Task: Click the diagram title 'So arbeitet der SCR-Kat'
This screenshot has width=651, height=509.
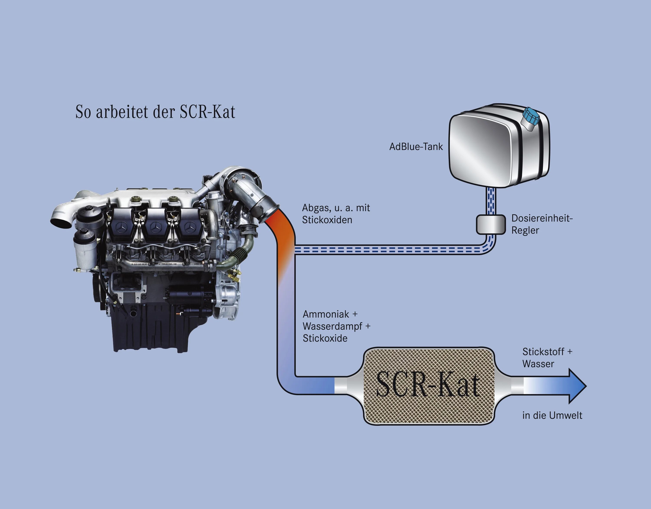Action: pos(155,112)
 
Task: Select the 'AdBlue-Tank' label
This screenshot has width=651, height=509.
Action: pos(416,147)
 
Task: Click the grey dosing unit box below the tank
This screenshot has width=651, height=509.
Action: pos(491,224)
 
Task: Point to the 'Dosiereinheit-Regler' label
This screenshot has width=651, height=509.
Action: pos(542,224)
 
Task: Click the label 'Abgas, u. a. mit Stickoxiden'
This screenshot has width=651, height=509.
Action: pos(336,214)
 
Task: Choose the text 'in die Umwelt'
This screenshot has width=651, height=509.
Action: pos(552,415)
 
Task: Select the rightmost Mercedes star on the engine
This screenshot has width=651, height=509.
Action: pos(189,228)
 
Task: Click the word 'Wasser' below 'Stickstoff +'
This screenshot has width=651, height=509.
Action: pos(538,364)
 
